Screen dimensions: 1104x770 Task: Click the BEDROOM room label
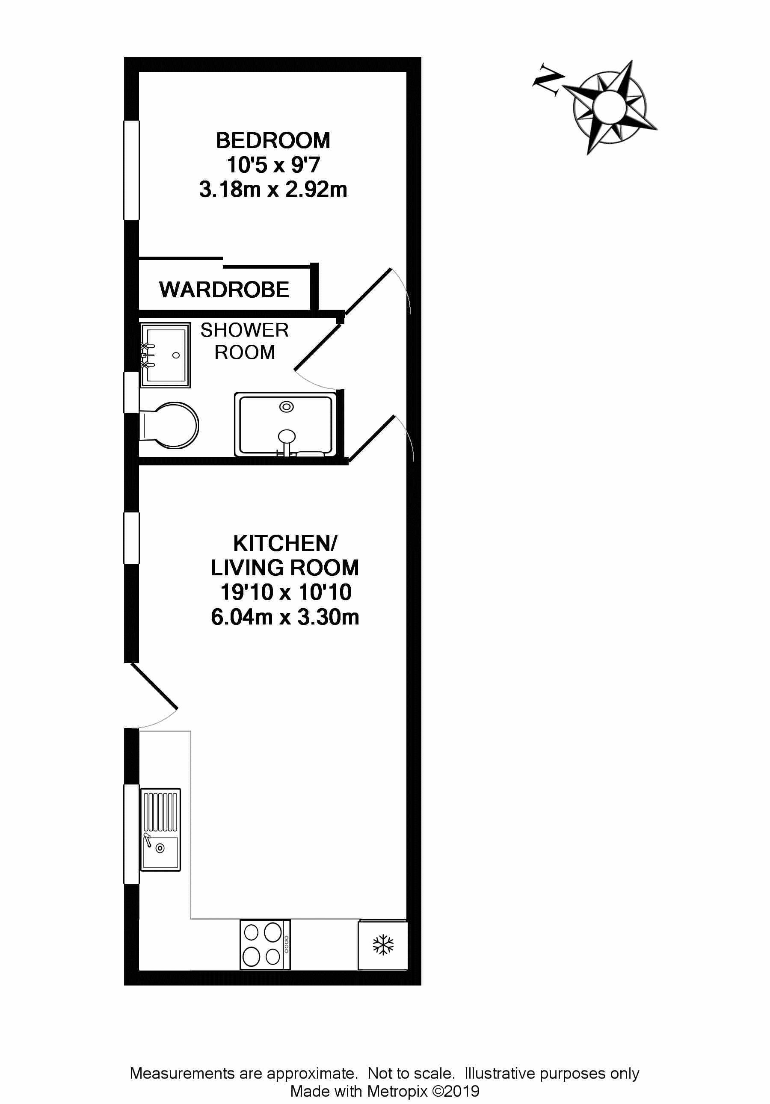click(272, 141)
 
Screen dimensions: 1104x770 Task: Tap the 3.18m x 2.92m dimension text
click(272, 189)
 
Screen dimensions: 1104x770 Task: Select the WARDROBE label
click(224, 290)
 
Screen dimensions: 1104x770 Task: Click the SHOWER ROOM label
click(244, 341)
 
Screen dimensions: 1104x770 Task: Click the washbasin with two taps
click(165, 355)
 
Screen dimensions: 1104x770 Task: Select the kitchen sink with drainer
click(160, 829)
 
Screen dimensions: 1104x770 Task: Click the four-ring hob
click(264, 945)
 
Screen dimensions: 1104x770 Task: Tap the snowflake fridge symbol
click(383, 945)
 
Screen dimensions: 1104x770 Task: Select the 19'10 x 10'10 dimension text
click(286, 592)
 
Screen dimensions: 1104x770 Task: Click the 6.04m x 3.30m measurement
click(285, 617)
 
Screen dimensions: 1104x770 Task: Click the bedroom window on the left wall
click(131, 170)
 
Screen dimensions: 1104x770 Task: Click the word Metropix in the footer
click(397, 1091)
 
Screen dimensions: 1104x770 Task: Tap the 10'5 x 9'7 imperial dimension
click(272, 165)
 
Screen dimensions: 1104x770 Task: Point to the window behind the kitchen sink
click(131, 834)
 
